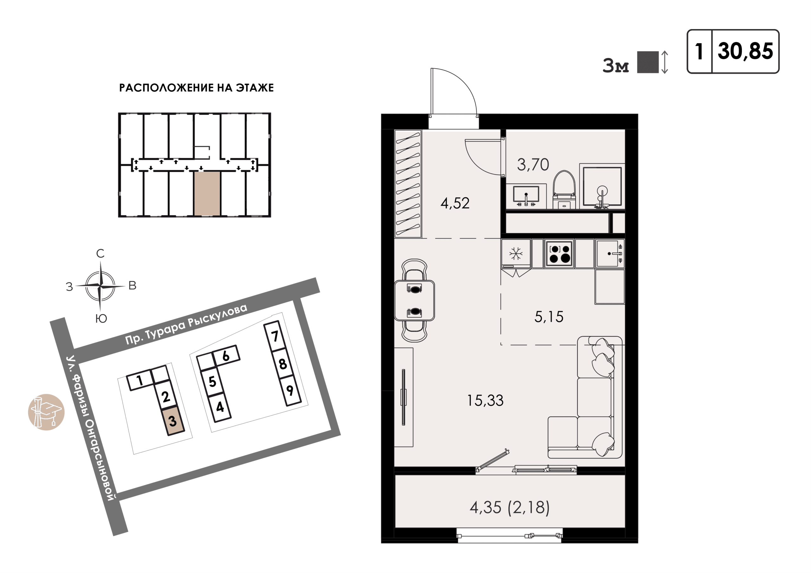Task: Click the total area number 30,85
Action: click(745, 52)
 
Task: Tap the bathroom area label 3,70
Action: click(533, 165)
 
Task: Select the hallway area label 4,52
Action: click(455, 203)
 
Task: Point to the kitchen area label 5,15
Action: click(549, 317)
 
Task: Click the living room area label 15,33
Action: click(485, 400)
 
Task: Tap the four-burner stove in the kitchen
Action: click(559, 253)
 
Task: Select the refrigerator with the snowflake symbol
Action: click(516, 254)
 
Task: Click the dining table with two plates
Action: click(414, 300)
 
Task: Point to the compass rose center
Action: click(101, 286)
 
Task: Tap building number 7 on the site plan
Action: click(274, 336)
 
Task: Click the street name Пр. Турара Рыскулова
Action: click(187, 324)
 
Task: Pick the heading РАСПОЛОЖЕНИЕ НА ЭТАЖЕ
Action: click(196, 88)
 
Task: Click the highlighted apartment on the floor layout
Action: click(207, 193)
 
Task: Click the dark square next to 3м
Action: click(648, 62)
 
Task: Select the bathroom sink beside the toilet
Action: click(526, 196)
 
